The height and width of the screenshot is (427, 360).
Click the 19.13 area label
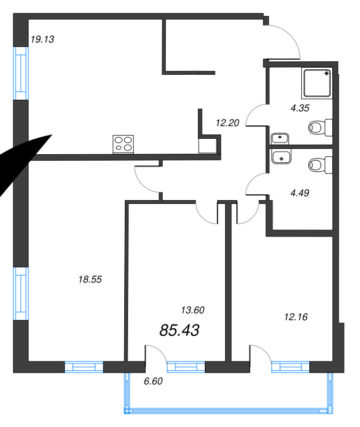coord(42,39)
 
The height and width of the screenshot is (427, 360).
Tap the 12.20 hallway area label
coord(228,123)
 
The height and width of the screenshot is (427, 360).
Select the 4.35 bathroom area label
coord(300,108)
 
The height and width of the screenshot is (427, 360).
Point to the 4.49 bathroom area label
coord(300,193)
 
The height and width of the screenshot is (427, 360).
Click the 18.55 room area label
coord(90,279)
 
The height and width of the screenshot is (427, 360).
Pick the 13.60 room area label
coord(193,310)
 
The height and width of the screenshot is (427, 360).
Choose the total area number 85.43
coord(179,330)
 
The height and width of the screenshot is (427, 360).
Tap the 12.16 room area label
coord(296,317)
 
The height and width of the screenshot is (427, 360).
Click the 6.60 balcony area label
coord(153,381)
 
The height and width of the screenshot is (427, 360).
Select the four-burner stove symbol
coord(123,144)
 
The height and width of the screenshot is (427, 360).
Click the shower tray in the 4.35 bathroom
coord(317,83)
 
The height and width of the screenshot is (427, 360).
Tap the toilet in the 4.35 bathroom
coord(321,128)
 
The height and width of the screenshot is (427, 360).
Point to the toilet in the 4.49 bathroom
coord(321,165)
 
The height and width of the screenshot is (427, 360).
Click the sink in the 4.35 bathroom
coord(280,138)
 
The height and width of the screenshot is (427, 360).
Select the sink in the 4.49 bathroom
coord(282,156)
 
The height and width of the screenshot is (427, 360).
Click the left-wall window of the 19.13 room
coord(21,74)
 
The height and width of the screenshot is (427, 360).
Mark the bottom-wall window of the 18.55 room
coord(84,367)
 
